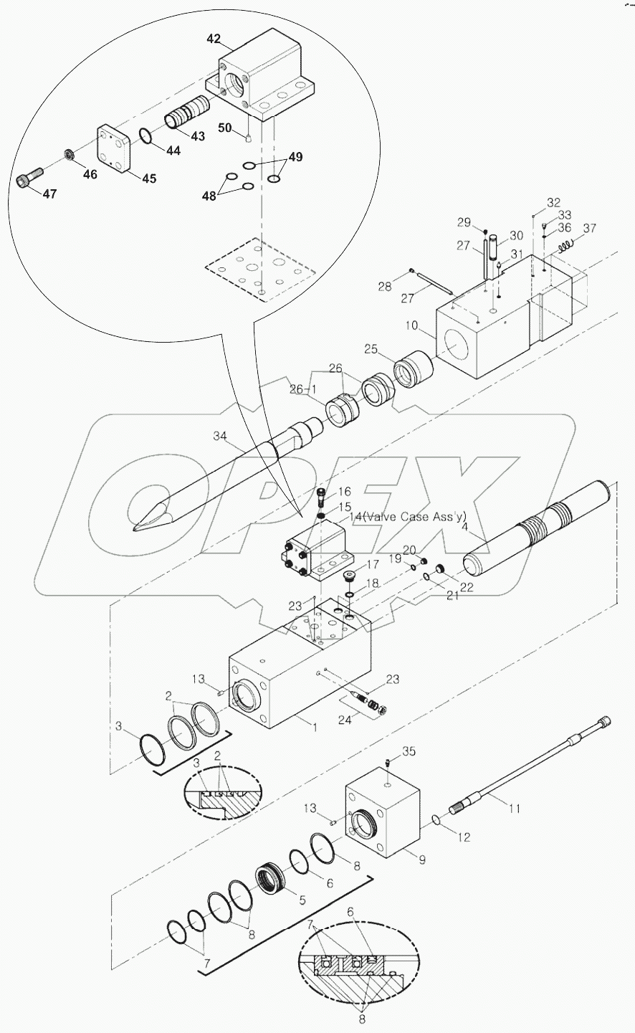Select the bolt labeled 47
coord(29,177)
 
